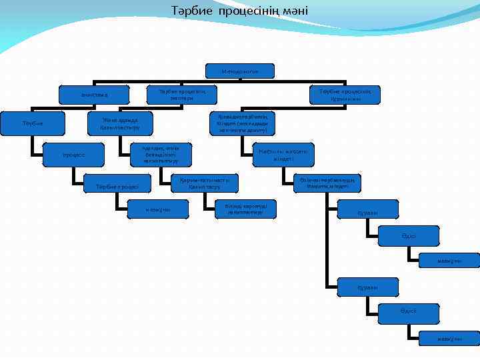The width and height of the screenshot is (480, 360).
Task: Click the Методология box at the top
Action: pos(239,70)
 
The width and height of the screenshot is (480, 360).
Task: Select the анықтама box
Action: pos(93,95)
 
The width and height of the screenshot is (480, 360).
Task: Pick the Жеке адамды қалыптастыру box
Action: pos(120,123)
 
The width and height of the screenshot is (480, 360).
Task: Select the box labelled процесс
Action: pos(73,155)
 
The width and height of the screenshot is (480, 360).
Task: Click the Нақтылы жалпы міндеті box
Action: pos(283,155)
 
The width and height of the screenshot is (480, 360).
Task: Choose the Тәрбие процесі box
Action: pos(117,186)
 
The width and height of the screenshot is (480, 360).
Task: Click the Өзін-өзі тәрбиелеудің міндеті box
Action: pos(327,183)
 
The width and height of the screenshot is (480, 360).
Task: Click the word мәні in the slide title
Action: pos(296,11)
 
